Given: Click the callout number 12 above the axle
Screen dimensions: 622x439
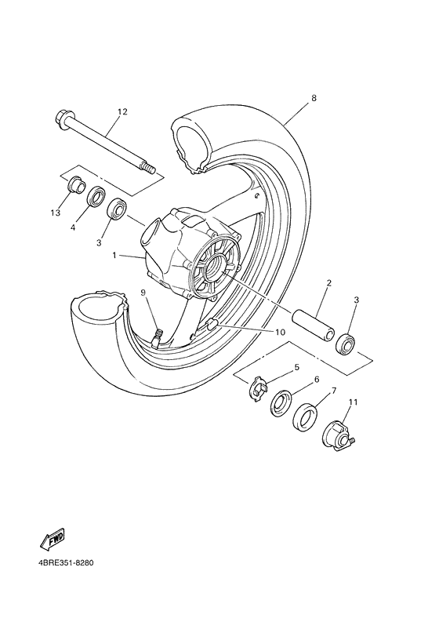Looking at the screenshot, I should (x=122, y=112).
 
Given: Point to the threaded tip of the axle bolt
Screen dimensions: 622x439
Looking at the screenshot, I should (x=147, y=167).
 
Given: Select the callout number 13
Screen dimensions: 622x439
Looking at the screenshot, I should (x=55, y=212).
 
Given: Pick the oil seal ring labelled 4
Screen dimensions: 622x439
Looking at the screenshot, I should (x=97, y=195).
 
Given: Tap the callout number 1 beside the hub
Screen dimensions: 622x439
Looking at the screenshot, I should (x=114, y=255).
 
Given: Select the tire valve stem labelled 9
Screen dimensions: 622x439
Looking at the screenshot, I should (x=156, y=339).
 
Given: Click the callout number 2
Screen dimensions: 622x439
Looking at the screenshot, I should (x=328, y=282).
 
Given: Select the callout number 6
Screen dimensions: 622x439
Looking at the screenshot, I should (x=316, y=379).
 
